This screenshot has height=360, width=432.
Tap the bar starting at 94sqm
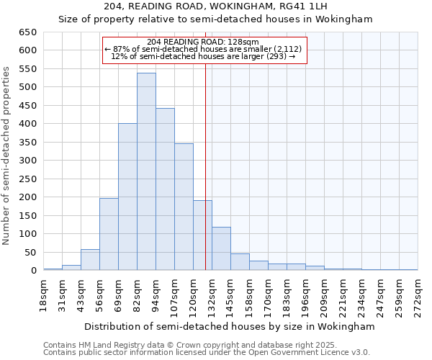[165, 189]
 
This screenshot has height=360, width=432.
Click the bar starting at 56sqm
[109, 234]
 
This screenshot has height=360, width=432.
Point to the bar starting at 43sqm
[90, 260]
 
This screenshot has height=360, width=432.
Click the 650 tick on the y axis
[27, 32]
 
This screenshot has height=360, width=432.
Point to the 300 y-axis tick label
[27, 161]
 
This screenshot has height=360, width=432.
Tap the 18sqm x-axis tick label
[44, 295]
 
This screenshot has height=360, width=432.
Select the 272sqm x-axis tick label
[418, 295]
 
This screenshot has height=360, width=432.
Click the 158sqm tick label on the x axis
[249, 295]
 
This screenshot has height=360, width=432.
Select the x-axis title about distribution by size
[230, 326]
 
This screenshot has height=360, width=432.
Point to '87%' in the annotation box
[120, 49]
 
